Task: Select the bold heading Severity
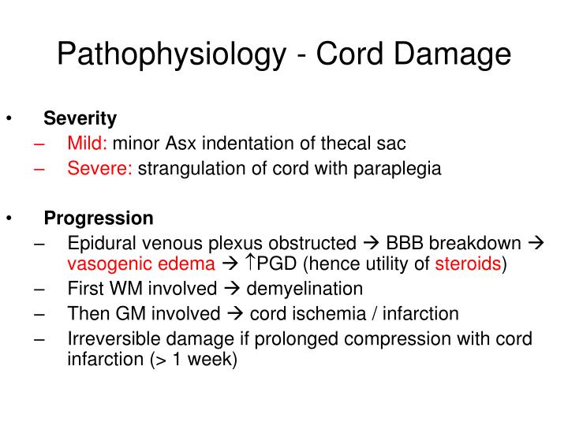[x=80, y=118]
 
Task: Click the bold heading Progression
[x=99, y=218]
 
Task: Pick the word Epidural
[x=99, y=243]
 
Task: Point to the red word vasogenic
[x=103, y=263]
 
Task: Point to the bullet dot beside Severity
[x=9, y=118]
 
